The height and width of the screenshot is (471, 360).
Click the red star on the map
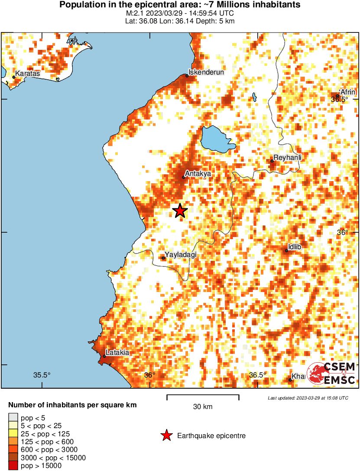pos(180,211)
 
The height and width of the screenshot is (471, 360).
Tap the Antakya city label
pos(198,173)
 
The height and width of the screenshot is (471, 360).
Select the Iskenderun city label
pos(207,72)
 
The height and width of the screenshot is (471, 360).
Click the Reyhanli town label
pos(288,158)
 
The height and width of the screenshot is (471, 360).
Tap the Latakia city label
pos(117,353)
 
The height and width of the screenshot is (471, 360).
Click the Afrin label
pos(348,92)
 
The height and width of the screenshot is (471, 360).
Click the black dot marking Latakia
pos(104,356)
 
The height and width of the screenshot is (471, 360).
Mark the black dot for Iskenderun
pos(187,76)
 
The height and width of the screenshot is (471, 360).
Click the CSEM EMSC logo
pos(332,373)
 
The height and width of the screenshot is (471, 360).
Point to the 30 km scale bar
pos(203,396)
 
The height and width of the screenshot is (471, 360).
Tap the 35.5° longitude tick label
pos(42,375)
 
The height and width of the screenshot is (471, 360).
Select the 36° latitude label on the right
pos(343,232)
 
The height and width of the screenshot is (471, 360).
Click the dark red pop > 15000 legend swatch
pos(13,466)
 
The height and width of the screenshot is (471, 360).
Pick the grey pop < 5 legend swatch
pos(13,417)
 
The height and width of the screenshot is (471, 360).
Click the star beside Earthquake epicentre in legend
pos(166,436)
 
